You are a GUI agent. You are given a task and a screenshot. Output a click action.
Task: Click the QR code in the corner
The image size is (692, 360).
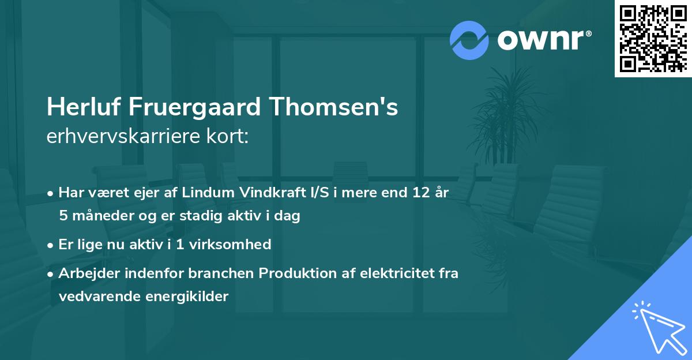(652, 38)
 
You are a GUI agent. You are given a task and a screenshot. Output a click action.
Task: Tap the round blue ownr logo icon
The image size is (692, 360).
(469, 40)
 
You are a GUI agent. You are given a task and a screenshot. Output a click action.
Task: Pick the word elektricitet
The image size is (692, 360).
(394, 273)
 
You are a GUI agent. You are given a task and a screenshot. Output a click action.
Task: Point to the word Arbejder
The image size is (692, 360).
(85, 273)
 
